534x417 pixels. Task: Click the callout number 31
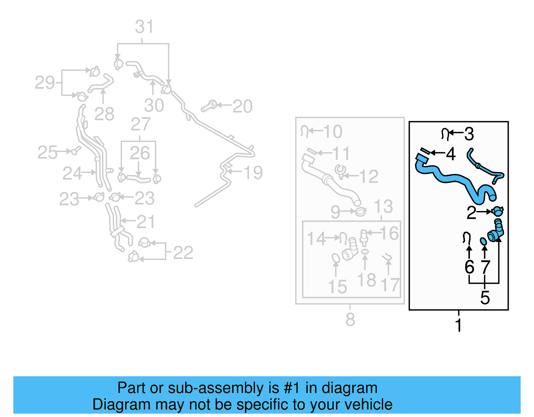coord(144,27)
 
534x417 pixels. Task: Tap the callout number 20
coord(242,107)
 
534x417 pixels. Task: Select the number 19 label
coord(253,173)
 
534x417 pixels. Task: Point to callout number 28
coord(104,114)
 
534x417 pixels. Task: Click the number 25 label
coord(47,153)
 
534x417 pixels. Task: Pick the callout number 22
coord(183,253)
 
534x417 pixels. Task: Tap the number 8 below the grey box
coord(350,320)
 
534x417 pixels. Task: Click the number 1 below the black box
coord(459,325)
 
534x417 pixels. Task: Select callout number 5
coord(485,297)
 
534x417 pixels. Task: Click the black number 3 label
coord(469,134)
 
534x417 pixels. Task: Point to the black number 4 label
coord(451,154)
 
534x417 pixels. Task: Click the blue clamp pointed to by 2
coord(497,211)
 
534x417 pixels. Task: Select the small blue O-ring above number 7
coord(483,241)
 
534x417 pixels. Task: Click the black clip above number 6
coord(467,237)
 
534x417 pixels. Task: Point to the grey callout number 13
coord(383,207)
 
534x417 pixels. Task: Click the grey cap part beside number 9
coord(360,211)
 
